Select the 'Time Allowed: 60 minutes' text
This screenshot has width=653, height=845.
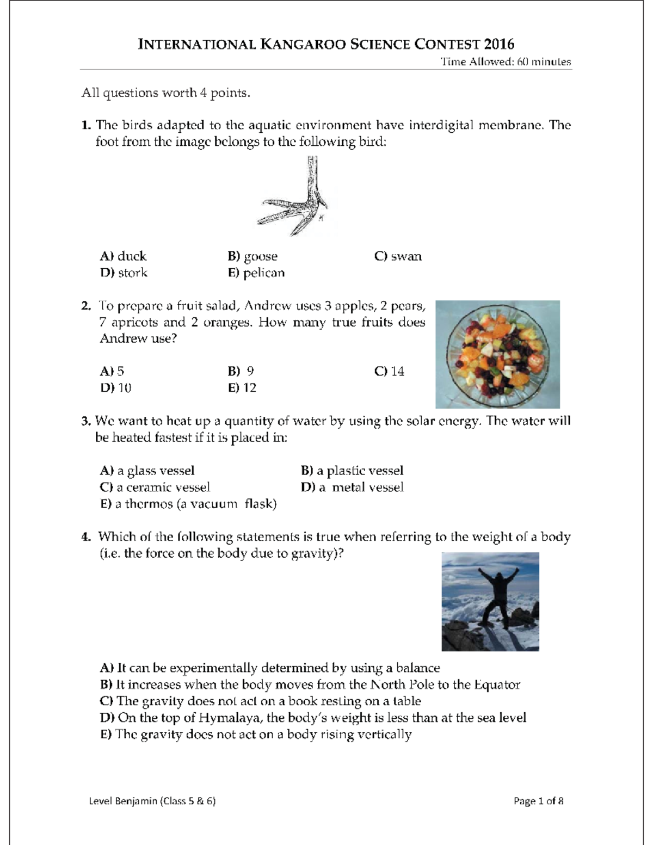point(506,62)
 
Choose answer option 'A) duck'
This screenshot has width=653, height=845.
point(124,256)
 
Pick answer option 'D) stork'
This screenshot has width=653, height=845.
point(124,273)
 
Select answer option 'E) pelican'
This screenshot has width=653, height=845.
point(256,273)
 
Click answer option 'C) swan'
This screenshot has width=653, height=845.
point(398,256)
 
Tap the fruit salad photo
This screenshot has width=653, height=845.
point(497,354)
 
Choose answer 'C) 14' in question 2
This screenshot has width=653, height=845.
point(389,371)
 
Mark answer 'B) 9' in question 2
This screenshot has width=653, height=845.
point(241,371)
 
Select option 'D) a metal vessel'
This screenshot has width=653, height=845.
point(352,487)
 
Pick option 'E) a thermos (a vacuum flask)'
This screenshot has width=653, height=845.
point(188,504)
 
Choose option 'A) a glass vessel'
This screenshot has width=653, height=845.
point(147,471)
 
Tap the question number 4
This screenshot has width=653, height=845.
point(85,537)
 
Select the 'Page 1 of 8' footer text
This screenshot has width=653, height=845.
point(538,801)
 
